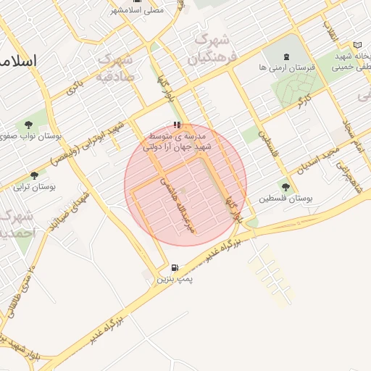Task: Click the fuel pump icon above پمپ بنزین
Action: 175,267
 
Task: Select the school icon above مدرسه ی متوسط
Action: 178,125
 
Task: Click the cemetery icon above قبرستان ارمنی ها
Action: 284,56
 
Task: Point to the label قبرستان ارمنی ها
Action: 284,67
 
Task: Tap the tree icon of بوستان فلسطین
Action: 284,186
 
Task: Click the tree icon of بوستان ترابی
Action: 34,175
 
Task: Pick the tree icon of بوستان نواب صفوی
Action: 28,124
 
